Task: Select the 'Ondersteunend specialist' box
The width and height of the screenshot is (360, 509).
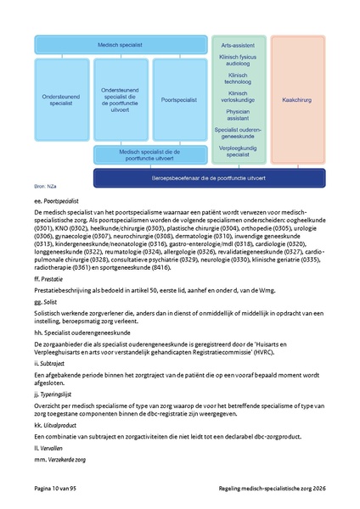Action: (63, 99)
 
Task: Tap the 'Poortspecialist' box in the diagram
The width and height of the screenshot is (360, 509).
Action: (178, 99)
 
